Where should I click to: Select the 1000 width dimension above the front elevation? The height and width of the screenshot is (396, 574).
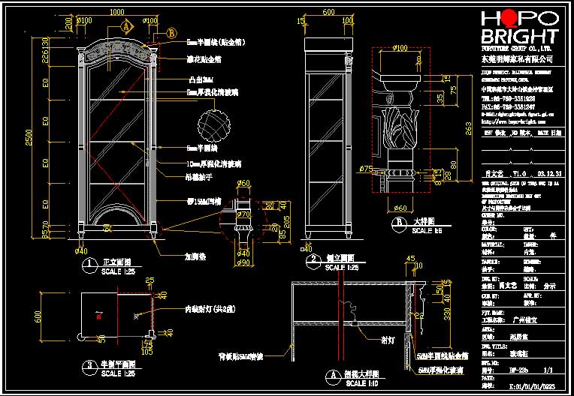(x=116, y=13)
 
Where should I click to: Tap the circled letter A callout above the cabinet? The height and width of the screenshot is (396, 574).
(x=127, y=25)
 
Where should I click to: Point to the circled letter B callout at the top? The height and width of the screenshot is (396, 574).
(x=171, y=33)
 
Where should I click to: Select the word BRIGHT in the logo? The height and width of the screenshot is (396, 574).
(x=519, y=36)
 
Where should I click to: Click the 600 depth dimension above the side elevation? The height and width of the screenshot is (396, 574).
(x=328, y=13)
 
